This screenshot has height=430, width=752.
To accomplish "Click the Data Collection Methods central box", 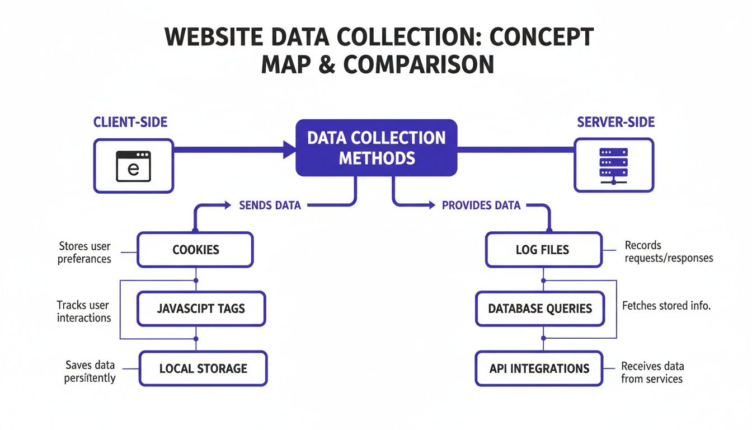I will point(376,148).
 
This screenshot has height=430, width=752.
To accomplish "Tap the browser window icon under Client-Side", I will point(133,166).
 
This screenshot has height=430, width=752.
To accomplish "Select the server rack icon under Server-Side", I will point(613,166).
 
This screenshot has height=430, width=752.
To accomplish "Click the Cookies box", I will point(195,250).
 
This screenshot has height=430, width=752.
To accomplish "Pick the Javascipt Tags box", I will point(201,309).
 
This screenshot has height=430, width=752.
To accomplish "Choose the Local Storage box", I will point(203,368).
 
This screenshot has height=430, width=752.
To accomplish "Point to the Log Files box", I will point(543,250).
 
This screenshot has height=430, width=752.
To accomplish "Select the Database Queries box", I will point(540,309).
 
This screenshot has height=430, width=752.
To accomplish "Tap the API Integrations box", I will point(539,368).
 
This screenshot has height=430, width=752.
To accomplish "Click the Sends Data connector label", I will point(270,205).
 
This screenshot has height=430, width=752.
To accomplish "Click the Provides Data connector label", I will point(481,205).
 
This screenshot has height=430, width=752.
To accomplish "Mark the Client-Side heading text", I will point(130,123).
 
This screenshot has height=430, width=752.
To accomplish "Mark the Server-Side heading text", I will point(615,123).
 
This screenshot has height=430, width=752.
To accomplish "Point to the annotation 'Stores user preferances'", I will point(84,253).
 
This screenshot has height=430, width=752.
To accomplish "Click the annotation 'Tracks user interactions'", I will point(84,311).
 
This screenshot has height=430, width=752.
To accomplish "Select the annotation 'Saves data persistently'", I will point(90,372).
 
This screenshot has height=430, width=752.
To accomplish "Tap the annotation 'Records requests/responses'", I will point(669,252).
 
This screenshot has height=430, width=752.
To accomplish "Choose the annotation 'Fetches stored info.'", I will point(666,306).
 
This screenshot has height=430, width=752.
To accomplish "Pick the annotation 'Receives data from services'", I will point(652,372).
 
